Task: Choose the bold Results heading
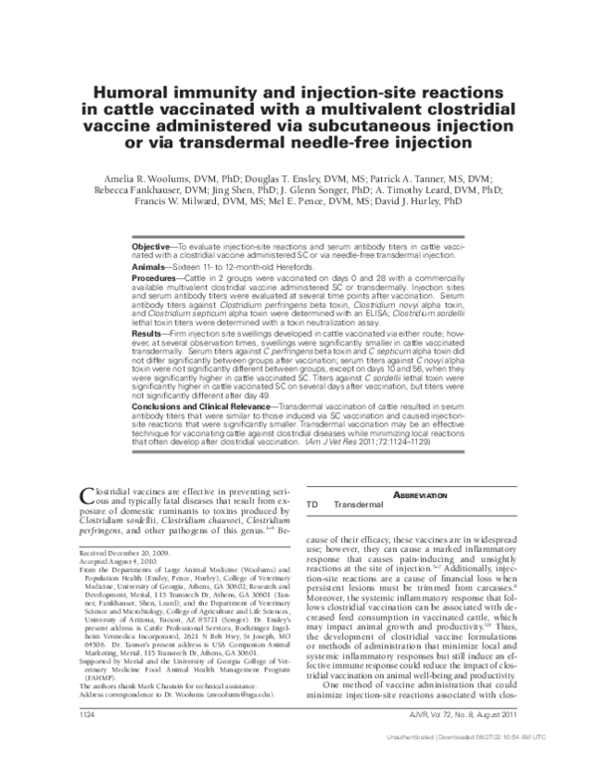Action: coord(152,362)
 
